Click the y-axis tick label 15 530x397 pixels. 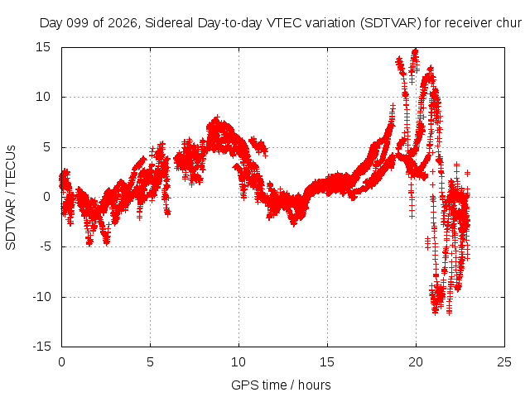click(x=43, y=47)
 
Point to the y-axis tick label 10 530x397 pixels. click(x=43, y=97)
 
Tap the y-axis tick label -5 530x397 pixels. click(x=45, y=246)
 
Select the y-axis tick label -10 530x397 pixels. click(x=41, y=297)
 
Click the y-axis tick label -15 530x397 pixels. click(x=41, y=347)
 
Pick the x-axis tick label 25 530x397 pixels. click(x=504, y=362)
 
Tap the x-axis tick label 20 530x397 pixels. click(x=416, y=362)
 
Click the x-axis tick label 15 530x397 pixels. click(x=327, y=362)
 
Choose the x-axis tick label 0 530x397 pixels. click(x=61, y=362)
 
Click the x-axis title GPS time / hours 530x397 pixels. click(x=281, y=385)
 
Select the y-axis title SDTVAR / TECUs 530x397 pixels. click(x=11, y=198)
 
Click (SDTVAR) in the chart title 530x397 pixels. click(x=391, y=23)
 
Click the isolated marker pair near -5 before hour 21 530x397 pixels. click(x=428, y=242)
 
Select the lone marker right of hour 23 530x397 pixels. click(x=467, y=173)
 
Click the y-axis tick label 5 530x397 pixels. click(x=46, y=147)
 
